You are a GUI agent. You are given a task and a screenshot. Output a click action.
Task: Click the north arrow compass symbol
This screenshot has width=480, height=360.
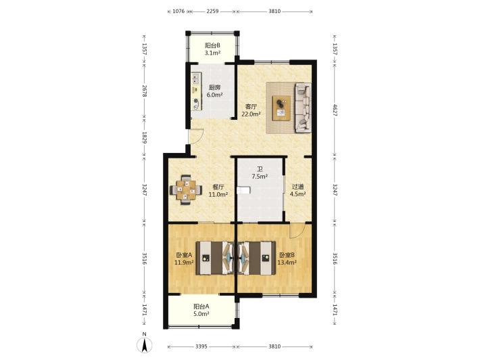tap(145, 342)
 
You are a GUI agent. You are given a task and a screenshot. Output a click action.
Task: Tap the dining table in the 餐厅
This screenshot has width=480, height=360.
tap(186, 190)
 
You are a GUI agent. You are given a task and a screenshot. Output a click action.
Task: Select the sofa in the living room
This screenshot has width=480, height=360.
tap(303, 108)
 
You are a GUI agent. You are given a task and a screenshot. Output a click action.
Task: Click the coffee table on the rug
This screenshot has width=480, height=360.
tap(282, 108)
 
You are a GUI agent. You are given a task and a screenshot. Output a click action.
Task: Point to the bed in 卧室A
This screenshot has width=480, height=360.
tap(214, 258)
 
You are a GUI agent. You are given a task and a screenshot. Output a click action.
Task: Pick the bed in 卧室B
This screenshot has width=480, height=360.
tap(256, 258)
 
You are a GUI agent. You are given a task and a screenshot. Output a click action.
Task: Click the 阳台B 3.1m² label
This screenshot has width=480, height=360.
tap(212, 49)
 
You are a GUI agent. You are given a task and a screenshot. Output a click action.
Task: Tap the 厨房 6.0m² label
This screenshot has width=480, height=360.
tap(214, 91)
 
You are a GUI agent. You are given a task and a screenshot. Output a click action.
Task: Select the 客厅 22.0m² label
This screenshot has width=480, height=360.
tap(251, 110)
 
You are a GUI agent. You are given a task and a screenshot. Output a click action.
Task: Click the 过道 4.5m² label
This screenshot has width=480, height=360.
tap(298, 190)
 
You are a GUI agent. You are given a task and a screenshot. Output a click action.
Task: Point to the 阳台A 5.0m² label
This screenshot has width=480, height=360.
tap(201, 310)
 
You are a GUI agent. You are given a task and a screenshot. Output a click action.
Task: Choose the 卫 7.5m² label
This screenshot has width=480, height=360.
tap(260, 173)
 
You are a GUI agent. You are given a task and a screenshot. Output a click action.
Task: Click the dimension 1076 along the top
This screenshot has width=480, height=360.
tap(178, 12)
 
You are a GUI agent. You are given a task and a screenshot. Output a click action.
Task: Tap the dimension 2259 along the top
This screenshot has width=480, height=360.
tap(212, 12)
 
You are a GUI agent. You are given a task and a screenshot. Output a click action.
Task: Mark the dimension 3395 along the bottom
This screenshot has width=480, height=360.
tap(201, 346)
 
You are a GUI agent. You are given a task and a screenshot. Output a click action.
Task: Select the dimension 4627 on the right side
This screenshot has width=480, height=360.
tap(335, 110)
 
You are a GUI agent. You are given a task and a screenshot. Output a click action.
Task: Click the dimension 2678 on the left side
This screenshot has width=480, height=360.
tap(145, 91)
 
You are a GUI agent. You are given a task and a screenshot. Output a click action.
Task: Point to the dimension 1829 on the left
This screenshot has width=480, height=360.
tap(145, 137)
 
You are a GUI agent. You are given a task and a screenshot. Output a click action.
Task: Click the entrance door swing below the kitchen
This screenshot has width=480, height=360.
tap(196, 136)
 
